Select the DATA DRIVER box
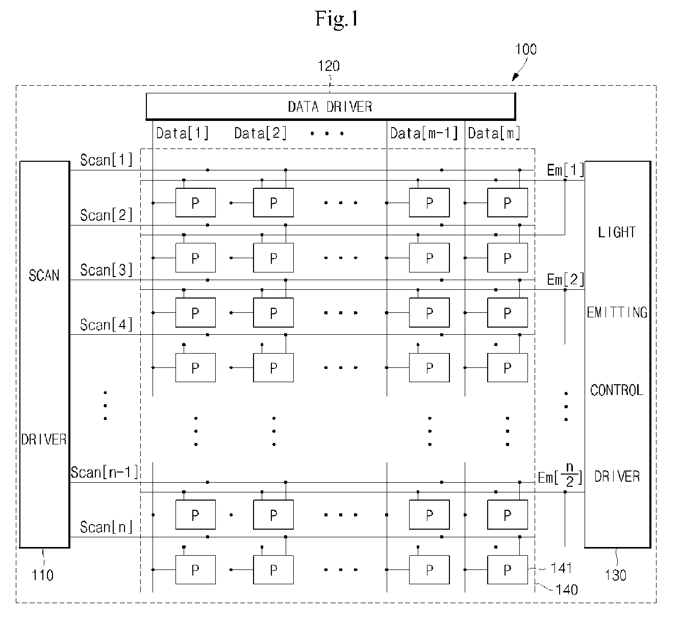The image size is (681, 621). pyautogui.click(x=331, y=106)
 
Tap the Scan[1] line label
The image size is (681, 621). pyautogui.click(x=106, y=160)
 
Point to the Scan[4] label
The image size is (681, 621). pyautogui.click(x=106, y=325)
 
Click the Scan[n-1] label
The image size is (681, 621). pyautogui.click(x=105, y=472)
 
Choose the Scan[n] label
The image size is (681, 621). pyautogui.click(x=106, y=527)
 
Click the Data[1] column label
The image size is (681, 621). pyautogui.click(x=182, y=133)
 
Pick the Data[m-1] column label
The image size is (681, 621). pyautogui.click(x=424, y=133)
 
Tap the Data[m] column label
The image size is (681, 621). pyautogui.click(x=494, y=133)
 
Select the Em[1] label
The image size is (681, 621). pyautogui.click(x=565, y=170)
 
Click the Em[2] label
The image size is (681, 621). pyautogui.click(x=565, y=279)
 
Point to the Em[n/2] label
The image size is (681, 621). pyautogui.click(x=560, y=476)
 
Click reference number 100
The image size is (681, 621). pyautogui.click(x=526, y=49)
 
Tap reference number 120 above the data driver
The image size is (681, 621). pyautogui.click(x=329, y=66)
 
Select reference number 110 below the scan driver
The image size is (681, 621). pyautogui.click(x=42, y=575)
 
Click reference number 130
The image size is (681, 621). pyautogui.click(x=616, y=575)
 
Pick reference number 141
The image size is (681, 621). pyautogui.click(x=561, y=567)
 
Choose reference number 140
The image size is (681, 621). pyautogui.click(x=567, y=590)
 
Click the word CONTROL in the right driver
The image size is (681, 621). pyautogui.click(x=617, y=390)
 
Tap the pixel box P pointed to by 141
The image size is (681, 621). pyautogui.click(x=508, y=569)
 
